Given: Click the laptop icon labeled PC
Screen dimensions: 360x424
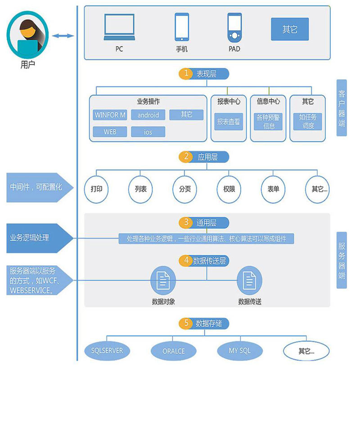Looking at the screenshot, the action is click(119, 27).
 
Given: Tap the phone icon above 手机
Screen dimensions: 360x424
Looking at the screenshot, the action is click(182, 27).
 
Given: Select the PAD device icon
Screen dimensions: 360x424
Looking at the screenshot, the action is click(234, 27).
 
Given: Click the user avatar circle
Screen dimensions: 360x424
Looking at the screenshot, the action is click(27, 34).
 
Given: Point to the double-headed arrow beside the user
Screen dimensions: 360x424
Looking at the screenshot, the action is click(63, 36).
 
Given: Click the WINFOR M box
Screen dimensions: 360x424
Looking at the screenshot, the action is click(110, 115).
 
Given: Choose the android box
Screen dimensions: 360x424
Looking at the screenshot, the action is click(148, 115).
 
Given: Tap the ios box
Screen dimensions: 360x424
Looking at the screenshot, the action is click(148, 132).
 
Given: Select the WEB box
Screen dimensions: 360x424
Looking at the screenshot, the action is click(110, 132).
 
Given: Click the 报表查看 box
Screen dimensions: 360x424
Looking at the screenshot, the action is click(229, 122).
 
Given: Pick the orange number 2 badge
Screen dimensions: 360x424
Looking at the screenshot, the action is click(186, 157).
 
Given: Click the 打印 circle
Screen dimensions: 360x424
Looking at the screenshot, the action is click(96, 189).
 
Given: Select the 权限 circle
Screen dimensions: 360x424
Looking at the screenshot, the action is click(229, 189).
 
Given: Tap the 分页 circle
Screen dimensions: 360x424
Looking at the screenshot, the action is click(184, 189).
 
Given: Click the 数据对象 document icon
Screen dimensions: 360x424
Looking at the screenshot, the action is click(163, 281).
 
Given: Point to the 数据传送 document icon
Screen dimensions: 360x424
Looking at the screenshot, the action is click(249, 281).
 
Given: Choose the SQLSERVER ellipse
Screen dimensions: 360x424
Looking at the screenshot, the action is click(107, 351).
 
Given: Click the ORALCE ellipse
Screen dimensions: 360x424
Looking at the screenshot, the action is click(174, 351).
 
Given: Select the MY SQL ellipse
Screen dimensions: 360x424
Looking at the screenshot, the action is click(240, 351).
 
